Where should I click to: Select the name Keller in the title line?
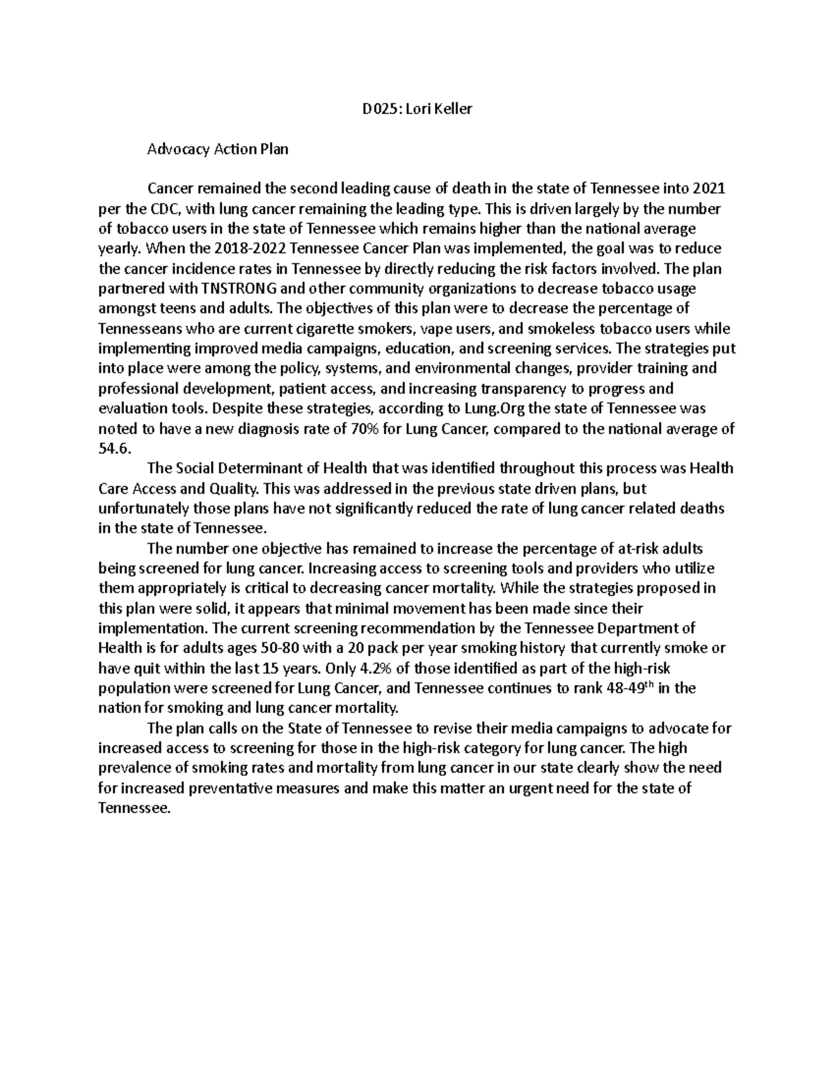pos(453,108)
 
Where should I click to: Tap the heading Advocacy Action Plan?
pos(217,149)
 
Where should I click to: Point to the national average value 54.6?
pos(114,449)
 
